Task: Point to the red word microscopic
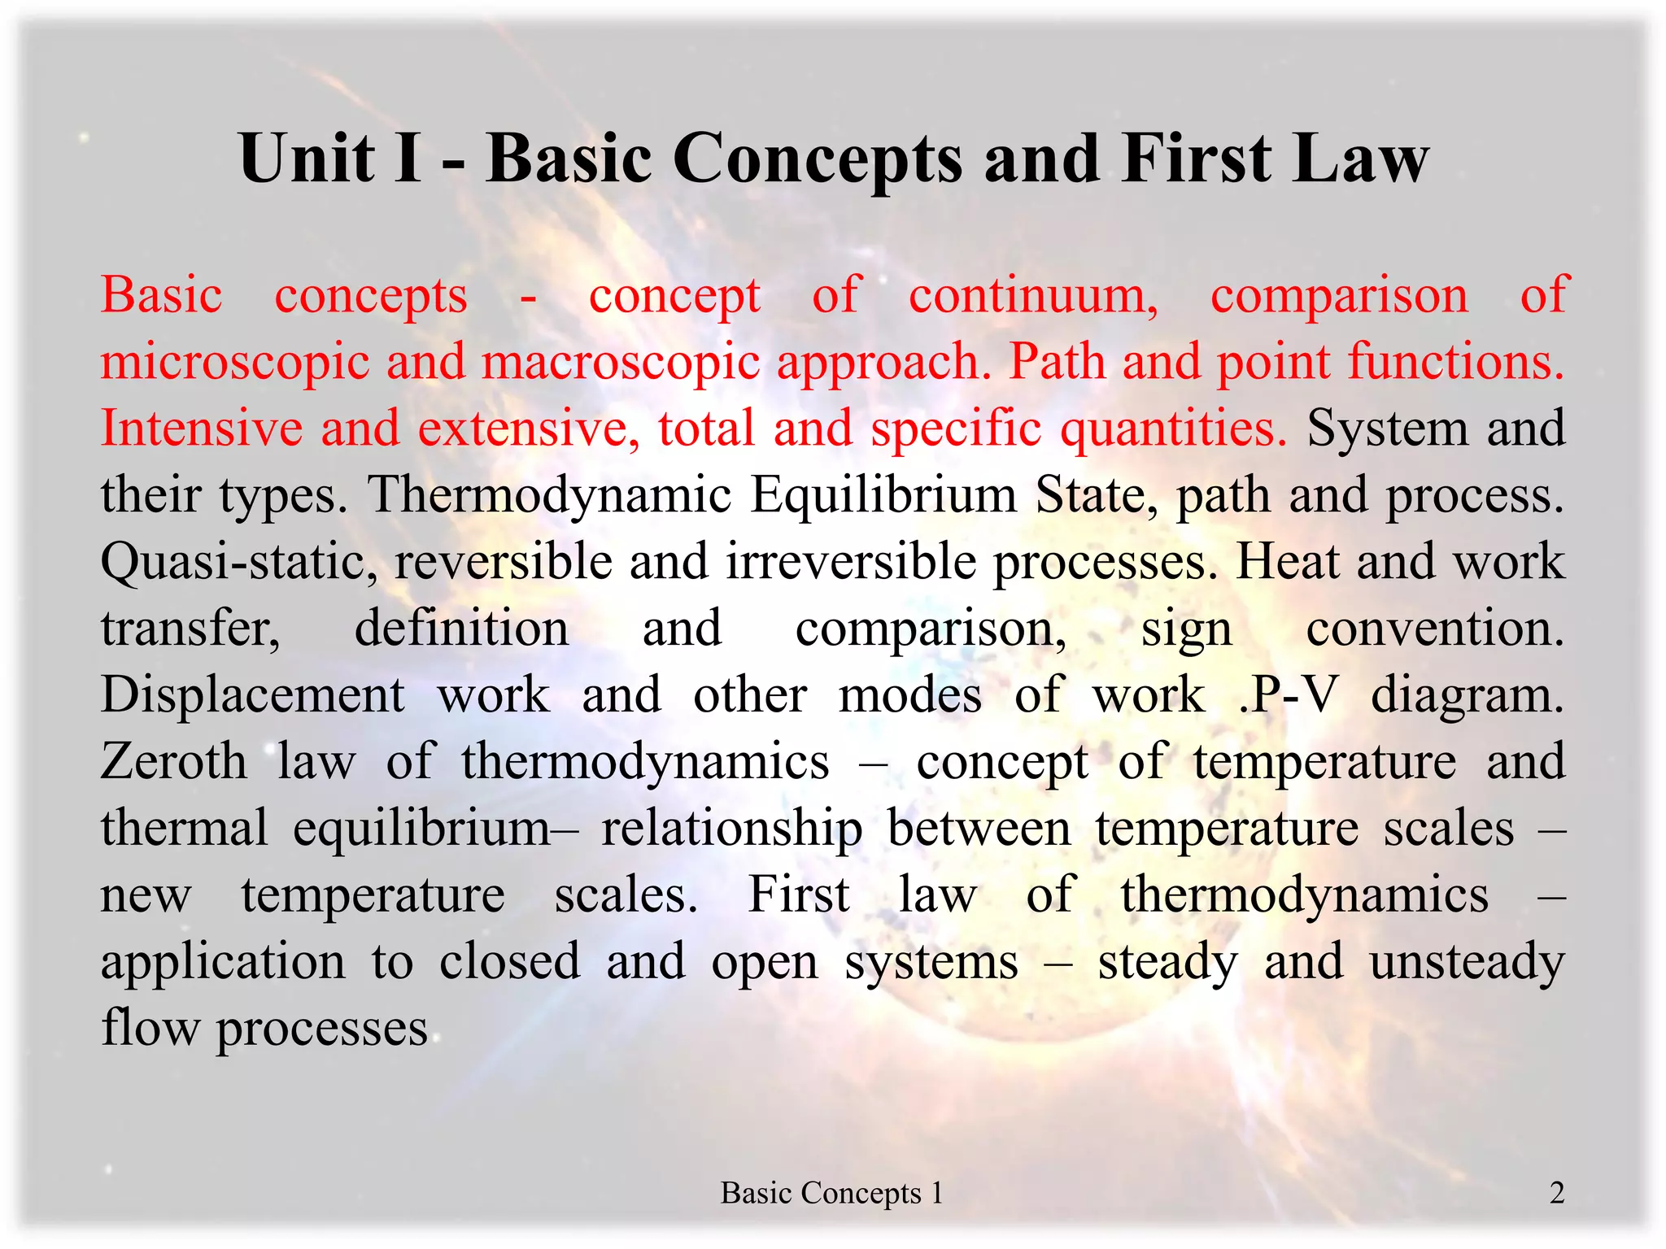coord(235,362)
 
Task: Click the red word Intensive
coord(202,429)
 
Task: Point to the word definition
coord(461,629)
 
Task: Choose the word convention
coord(1434,629)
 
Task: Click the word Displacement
coord(253,695)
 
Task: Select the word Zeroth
coord(174,762)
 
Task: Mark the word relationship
coord(731,829)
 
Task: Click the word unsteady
coord(1467,962)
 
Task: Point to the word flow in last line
coord(150,1028)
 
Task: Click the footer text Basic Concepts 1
coord(831,1193)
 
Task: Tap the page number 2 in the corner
coord(1557,1193)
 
